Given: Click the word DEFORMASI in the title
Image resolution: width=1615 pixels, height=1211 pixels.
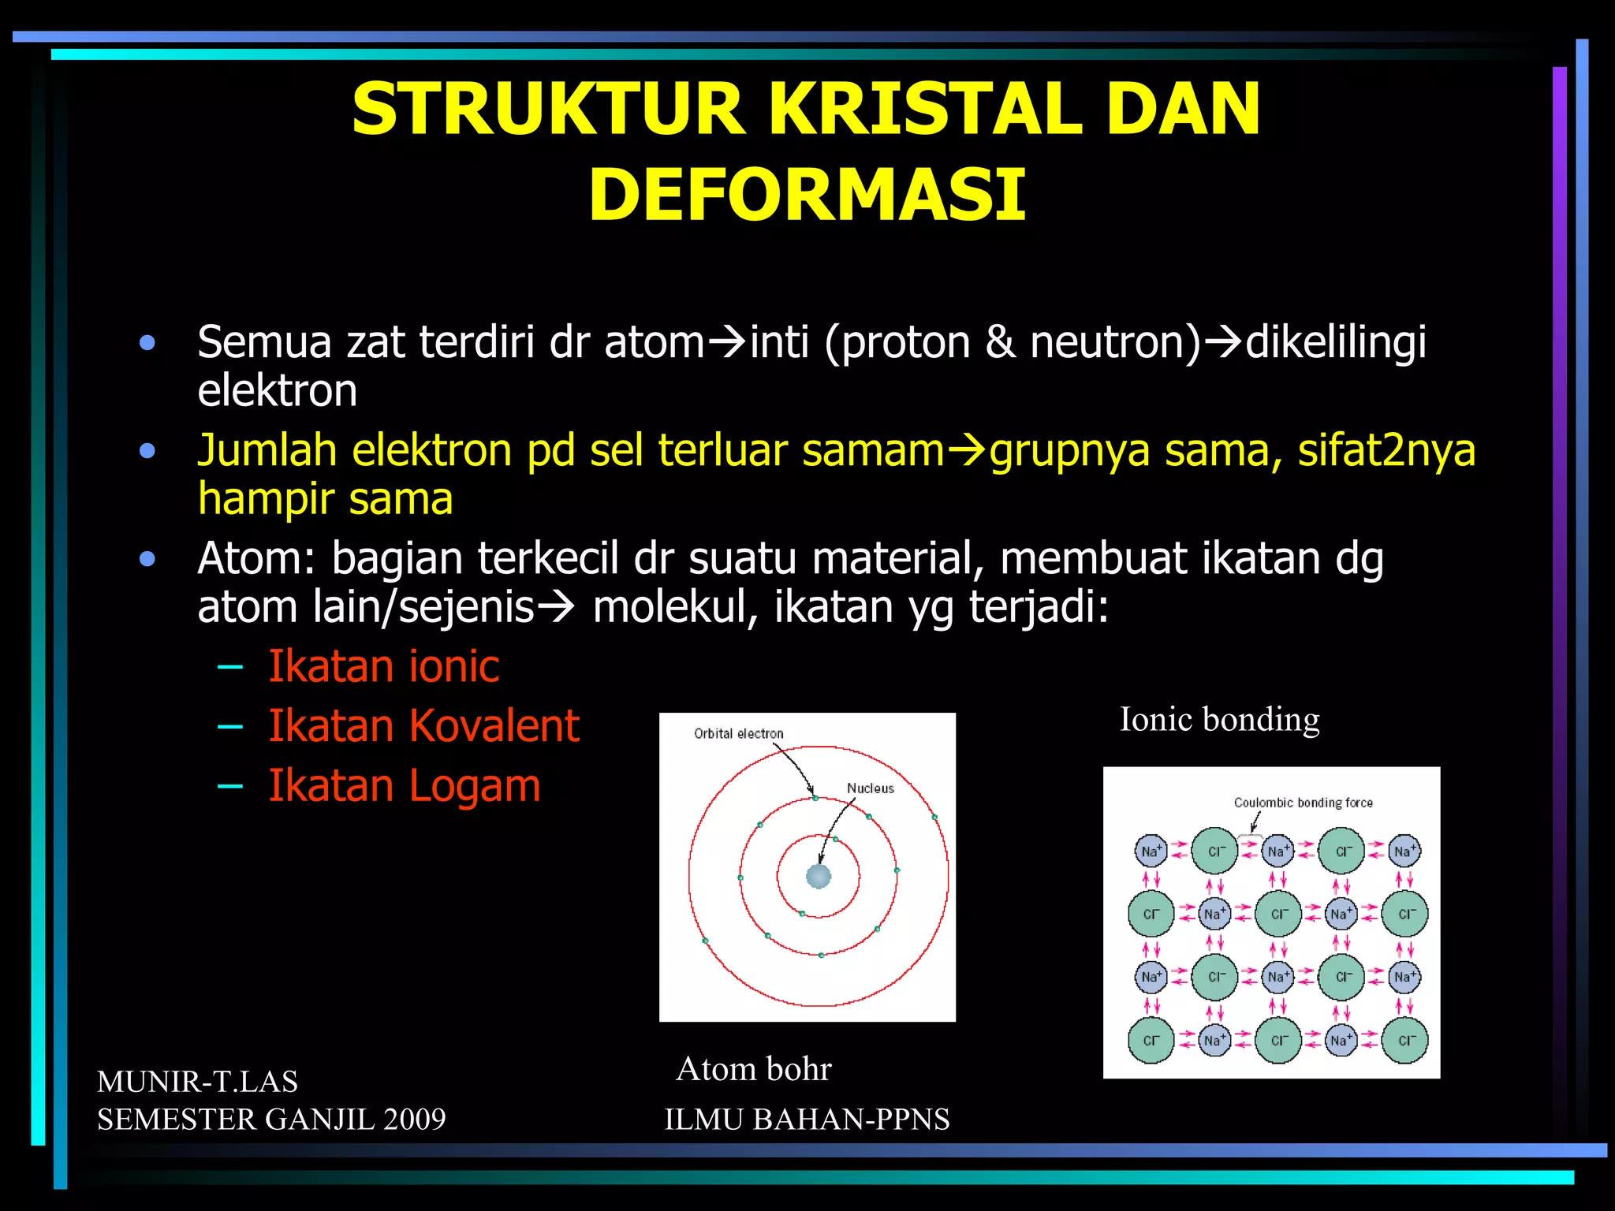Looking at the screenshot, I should (x=807, y=195).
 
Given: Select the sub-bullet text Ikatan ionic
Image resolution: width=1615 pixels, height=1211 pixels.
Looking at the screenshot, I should (x=383, y=666).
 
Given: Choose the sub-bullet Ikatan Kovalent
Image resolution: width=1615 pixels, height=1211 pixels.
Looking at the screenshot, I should (x=423, y=725).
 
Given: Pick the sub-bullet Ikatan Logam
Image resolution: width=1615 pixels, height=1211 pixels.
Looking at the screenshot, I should (x=404, y=785).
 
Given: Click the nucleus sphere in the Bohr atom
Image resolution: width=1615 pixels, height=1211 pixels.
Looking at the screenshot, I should (x=819, y=876).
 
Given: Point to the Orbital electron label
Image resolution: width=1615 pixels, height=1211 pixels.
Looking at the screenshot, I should (x=738, y=733).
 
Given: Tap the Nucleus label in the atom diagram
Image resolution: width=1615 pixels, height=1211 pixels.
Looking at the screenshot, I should (x=870, y=788).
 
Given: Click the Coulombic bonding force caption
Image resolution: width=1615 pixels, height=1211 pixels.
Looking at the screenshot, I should (x=1303, y=803).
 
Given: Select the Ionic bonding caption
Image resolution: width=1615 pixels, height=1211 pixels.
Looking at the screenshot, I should (x=1219, y=719).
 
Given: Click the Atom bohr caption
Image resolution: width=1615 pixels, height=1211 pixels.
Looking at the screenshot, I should (x=754, y=1069).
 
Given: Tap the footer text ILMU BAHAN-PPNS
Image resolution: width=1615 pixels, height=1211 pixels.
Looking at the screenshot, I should (x=807, y=1120).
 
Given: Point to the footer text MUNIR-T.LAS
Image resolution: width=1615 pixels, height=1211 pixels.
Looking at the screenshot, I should (x=197, y=1082).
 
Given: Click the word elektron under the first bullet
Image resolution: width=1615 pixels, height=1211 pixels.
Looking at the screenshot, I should (x=277, y=391).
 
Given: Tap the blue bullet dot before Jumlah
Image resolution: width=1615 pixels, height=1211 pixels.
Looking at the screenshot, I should (x=147, y=451).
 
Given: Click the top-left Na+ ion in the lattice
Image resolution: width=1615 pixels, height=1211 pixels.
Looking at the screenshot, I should (x=1151, y=851).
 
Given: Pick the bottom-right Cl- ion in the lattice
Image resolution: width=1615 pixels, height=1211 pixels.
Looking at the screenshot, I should (x=1404, y=1041).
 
